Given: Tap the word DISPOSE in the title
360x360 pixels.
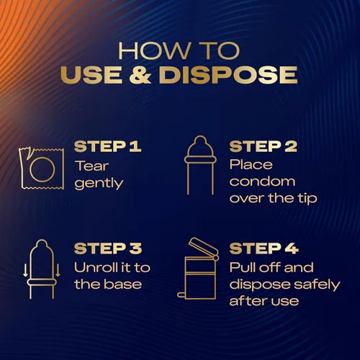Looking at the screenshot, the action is tap(228, 74).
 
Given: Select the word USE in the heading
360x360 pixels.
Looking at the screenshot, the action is tap(91, 74).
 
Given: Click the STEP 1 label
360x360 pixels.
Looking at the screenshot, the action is tap(107, 146).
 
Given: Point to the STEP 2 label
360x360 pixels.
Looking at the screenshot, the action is tap(264, 146).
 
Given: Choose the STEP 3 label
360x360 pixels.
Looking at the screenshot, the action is tap(108, 248).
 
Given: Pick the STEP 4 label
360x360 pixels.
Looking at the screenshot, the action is tap(264, 248).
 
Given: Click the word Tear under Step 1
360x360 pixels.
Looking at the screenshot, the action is tap(92, 166).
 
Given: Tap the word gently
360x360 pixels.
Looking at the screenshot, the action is tap(99, 184).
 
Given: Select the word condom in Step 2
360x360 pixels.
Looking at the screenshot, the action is tap(262, 181).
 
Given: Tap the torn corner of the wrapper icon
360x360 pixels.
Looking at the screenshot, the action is tap(27, 154).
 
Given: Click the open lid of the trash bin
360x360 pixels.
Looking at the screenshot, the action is tap(204, 248).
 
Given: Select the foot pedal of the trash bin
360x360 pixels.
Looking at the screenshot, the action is tap(181, 295).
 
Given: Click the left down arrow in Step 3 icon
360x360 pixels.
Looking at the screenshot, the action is tap(25, 271).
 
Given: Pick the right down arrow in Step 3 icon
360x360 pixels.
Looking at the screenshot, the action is tap(58, 271).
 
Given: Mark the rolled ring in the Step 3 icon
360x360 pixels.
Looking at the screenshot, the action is tap(42, 282).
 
